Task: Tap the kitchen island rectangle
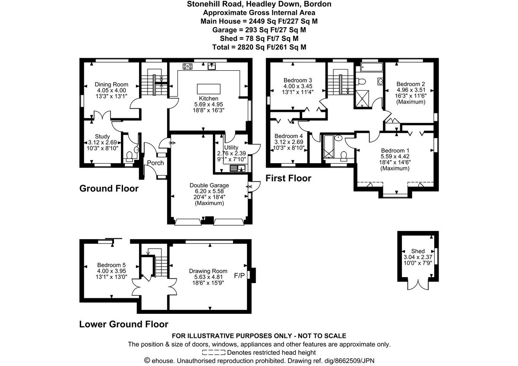(208, 88)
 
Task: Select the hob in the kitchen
(188, 66)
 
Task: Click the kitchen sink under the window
(212, 66)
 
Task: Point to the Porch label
(155, 163)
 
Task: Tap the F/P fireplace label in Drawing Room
(239, 275)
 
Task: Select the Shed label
(418, 251)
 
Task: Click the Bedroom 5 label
(111, 265)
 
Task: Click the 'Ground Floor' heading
(109, 189)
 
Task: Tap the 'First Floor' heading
(288, 178)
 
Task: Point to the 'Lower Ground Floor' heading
(123, 324)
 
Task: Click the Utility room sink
(237, 168)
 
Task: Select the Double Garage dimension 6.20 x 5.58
(209, 191)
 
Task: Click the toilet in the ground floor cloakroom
(129, 155)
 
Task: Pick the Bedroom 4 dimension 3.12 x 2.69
(289, 142)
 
